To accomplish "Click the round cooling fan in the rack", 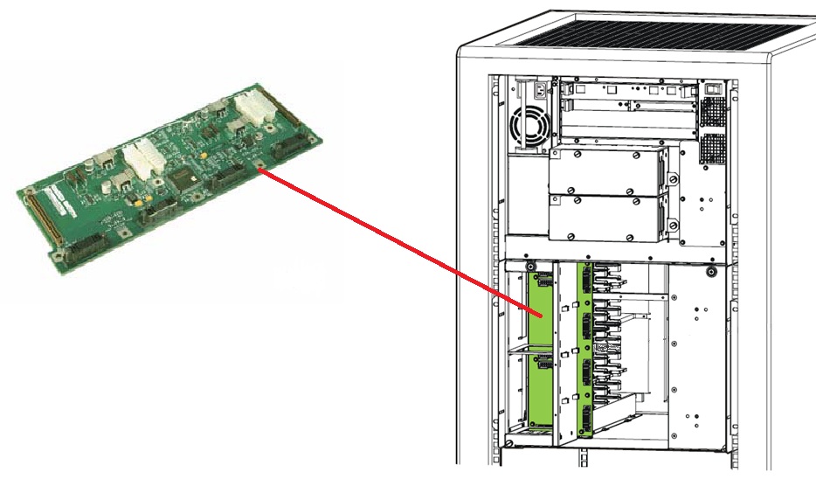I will (x=530, y=128).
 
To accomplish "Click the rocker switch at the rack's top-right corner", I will (x=714, y=87).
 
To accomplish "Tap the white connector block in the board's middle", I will (x=139, y=162).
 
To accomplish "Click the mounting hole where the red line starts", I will (x=261, y=168).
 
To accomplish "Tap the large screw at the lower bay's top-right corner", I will (x=713, y=272).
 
